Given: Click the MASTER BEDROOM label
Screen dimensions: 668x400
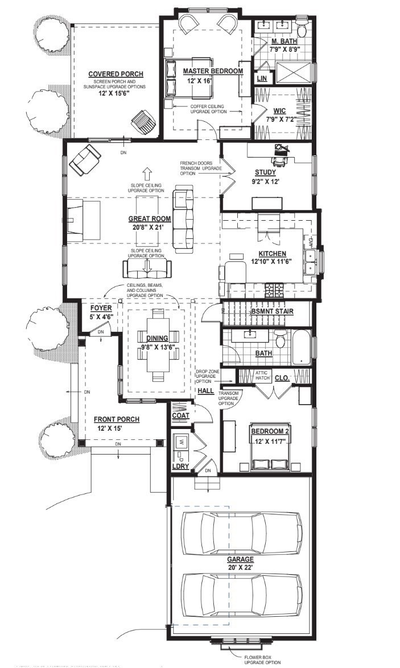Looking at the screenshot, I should (x=213, y=71).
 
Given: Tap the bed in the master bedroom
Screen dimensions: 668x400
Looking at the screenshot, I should (x=188, y=77).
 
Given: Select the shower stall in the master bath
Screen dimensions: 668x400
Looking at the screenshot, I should (x=294, y=73).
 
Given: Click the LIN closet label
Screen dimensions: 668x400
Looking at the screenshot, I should (x=262, y=79).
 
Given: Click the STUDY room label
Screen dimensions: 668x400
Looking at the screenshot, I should (x=266, y=172).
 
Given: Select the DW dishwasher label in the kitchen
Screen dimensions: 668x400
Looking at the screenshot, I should (x=311, y=242).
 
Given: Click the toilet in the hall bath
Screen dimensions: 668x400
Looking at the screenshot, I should (x=279, y=340).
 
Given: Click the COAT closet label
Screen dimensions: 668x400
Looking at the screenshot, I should (x=181, y=415).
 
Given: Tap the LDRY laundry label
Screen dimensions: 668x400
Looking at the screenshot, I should (x=180, y=467).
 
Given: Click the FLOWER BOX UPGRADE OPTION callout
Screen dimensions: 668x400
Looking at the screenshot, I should (x=262, y=660).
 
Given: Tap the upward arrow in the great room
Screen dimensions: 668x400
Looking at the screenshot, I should (x=146, y=173).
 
